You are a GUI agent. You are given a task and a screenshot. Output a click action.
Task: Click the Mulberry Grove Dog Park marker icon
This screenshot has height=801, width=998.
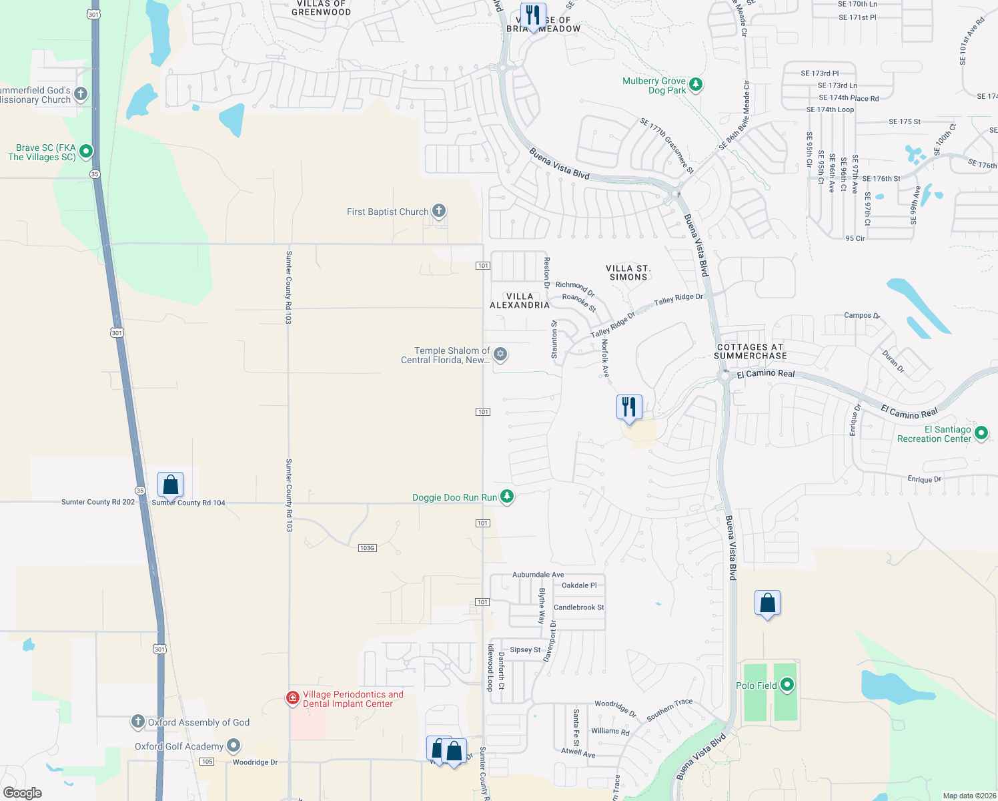click(696, 85)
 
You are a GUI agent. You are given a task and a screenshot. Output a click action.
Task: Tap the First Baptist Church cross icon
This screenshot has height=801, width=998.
click(438, 211)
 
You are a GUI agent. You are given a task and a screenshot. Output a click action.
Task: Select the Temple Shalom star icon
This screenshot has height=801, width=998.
click(500, 354)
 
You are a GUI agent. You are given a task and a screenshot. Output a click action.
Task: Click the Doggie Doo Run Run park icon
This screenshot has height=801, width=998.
click(507, 497)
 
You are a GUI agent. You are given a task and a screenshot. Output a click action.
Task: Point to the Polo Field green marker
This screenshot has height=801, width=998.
click(787, 685)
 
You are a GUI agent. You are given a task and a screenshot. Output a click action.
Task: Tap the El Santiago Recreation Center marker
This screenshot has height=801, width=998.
click(981, 433)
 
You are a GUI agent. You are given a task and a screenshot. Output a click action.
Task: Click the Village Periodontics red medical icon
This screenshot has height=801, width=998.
click(292, 698)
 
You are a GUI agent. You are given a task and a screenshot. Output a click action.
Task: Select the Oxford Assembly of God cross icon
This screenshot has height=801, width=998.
click(137, 722)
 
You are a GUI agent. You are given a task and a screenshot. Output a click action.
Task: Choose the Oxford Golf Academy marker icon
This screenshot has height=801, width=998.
click(233, 745)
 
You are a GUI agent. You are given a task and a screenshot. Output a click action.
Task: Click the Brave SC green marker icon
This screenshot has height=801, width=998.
click(85, 152)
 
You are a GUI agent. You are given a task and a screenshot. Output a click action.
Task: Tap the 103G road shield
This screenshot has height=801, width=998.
click(368, 548)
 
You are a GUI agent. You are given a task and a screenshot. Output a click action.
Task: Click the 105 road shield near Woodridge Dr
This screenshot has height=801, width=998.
click(207, 762)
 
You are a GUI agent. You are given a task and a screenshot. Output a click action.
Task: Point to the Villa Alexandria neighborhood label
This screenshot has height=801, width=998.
click(520, 301)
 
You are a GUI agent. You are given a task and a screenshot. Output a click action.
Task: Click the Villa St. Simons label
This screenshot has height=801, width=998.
click(628, 272)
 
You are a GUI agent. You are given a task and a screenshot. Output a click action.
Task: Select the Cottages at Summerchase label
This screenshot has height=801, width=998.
click(750, 352)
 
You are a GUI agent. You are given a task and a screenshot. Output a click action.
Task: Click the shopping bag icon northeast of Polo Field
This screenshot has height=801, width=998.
click(767, 603)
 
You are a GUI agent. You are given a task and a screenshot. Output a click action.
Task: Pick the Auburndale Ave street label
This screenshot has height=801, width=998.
click(538, 575)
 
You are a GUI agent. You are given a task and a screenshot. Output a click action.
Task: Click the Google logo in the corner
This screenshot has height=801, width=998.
click(23, 792)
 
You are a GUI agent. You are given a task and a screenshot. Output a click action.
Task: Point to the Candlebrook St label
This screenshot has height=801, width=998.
click(578, 607)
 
